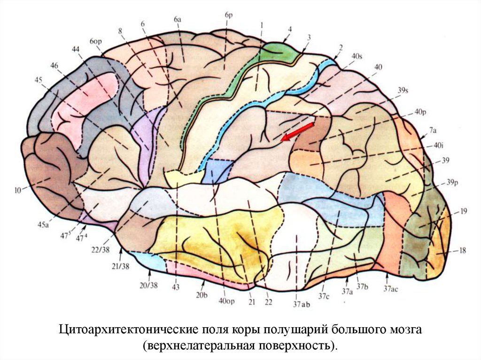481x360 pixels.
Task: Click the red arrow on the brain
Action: [297, 131]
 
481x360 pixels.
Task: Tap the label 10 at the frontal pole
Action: [18, 190]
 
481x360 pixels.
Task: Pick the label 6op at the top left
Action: [96, 41]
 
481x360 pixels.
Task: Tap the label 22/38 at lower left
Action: [101, 250]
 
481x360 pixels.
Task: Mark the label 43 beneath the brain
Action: [176, 287]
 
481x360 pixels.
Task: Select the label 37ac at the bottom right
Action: [391, 289]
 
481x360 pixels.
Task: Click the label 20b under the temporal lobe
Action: [202, 295]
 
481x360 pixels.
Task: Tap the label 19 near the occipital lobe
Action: [463, 212]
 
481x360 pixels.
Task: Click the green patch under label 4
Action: [282, 52]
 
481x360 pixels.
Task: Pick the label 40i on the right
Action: [439, 146]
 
